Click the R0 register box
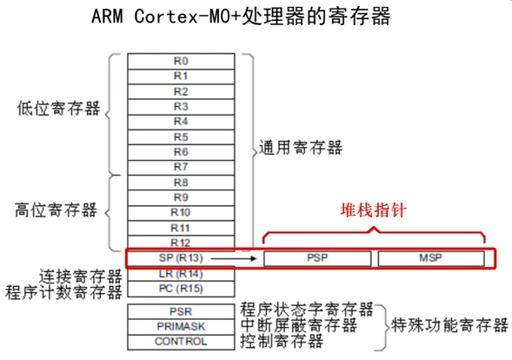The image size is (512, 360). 181,62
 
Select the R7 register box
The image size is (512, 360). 181,166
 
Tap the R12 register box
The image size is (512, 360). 181,242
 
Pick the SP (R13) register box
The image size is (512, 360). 181,258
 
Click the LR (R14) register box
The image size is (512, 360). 181,274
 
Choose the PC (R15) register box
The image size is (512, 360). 181,289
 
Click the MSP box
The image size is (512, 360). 429,258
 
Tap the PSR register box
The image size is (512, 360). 181,311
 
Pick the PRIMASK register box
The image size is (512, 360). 181,326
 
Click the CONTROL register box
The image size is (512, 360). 181,341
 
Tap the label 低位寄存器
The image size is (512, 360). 58,110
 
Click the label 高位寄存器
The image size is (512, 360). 58,210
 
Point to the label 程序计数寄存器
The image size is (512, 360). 64,291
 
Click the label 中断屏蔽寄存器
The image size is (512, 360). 296,325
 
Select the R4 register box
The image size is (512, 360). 181,121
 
